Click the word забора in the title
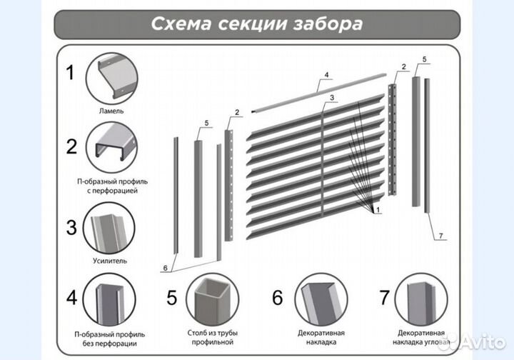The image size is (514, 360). click(x=327, y=24)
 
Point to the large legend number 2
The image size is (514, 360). click(x=71, y=147)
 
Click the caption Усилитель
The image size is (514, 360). click(x=110, y=261)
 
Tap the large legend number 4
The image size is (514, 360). click(x=71, y=296)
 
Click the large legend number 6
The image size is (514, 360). click(x=278, y=296)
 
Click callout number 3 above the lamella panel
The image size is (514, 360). click(x=333, y=97)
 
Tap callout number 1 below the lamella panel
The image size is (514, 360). click(x=377, y=209)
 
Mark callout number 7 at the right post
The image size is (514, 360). click(x=441, y=235)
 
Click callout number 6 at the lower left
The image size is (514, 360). click(x=165, y=268)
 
